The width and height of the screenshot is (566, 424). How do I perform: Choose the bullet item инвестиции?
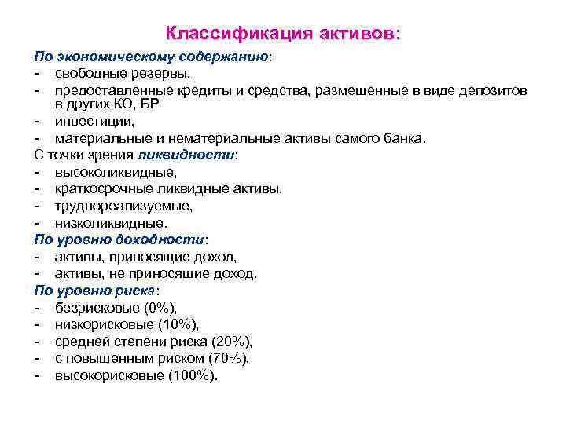coord(94,122)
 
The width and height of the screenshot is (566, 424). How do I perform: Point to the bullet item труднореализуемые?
coord(123,206)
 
